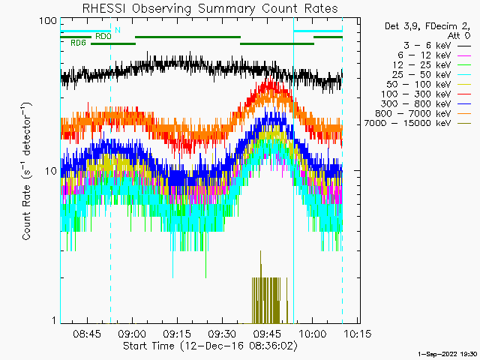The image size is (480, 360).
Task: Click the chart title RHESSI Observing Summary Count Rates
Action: pos(210,8)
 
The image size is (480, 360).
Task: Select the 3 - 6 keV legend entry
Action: pos(436,46)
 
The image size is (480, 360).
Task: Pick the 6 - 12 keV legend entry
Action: pos(434,55)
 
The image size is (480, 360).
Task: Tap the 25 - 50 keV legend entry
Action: pos(432,75)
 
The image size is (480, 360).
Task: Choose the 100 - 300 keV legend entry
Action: pos(426,94)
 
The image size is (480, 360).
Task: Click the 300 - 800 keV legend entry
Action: pos(426,104)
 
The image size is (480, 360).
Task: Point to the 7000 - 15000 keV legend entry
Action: pos(417,123)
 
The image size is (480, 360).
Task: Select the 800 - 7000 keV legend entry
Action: pos(423,113)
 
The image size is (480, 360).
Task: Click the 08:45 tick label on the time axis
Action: pos(87,333)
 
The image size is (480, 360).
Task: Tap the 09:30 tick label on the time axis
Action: pos(222,333)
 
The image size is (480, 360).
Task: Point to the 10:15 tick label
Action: pos(357,333)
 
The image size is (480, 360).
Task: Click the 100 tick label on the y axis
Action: pos(48,21)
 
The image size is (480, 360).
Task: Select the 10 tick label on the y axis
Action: pos(51,171)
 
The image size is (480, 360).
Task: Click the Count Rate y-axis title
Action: pos(27,171)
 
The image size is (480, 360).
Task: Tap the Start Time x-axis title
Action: pos(210,346)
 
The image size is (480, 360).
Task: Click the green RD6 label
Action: pos(78,43)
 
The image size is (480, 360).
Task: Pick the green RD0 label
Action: pos(103,37)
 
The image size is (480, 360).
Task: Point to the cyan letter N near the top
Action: pos(118,30)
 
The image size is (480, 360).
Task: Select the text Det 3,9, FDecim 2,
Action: pos(427,27)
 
